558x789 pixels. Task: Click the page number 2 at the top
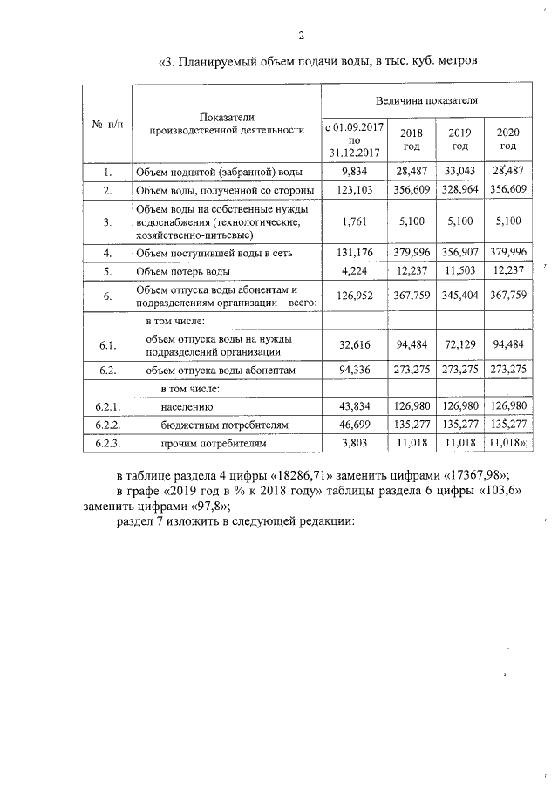[x=301, y=36]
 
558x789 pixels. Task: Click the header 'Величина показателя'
[x=426, y=102]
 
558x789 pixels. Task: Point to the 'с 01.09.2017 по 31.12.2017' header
[x=354, y=139]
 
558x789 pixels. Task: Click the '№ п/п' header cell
[x=107, y=124]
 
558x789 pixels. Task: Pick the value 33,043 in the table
[x=459, y=171]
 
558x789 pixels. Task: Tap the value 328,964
[x=459, y=189]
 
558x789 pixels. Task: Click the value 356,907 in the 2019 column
[x=459, y=253]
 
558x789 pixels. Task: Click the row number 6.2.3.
[x=106, y=444]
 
